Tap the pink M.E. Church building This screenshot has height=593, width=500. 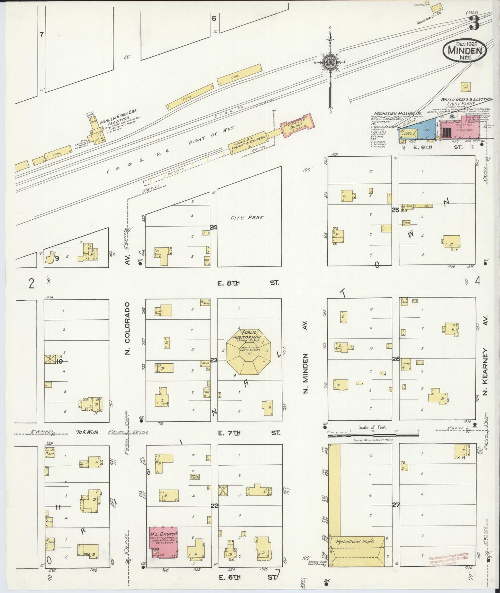click(163, 544)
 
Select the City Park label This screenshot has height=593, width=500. click(247, 218)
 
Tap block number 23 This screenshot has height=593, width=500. click(214, 361)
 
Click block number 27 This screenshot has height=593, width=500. click(396, 505)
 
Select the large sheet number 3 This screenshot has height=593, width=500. click(474, 23)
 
